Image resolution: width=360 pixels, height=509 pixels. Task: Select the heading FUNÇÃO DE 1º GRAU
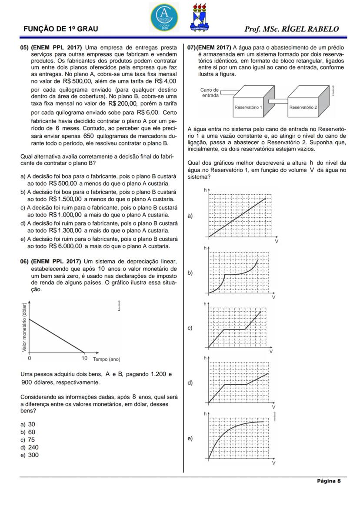coord(60,29)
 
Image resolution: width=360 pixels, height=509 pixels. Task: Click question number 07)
coord(191,47)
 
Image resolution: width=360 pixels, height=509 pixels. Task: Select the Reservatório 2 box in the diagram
coord(303,106)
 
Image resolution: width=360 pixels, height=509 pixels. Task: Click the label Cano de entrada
coord(210,93)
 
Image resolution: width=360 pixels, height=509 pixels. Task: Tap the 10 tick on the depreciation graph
coord(85,359)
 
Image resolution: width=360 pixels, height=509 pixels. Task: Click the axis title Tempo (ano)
coord(107,359)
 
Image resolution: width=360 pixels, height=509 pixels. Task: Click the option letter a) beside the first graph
coord(190,216)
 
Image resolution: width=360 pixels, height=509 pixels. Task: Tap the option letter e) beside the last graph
coord(190,439)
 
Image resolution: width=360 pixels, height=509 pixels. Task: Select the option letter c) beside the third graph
coord(190,328)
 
